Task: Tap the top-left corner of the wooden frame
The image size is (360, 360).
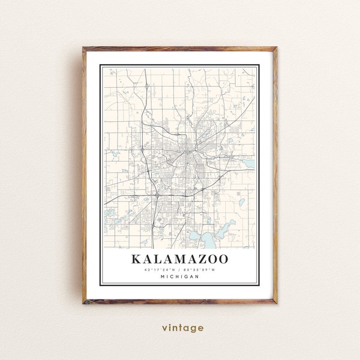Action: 84,47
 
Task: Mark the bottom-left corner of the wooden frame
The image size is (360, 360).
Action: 84,304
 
